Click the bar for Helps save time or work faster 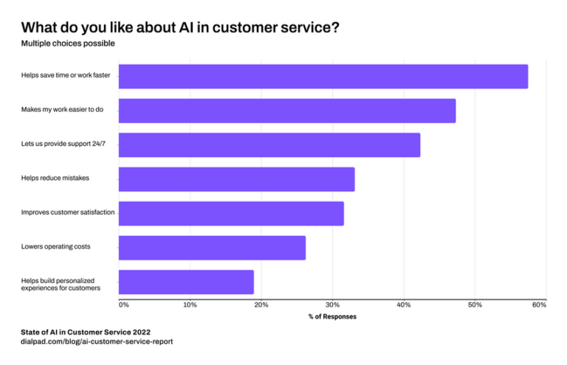coord(323,77)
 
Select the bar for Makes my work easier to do coord(286,111)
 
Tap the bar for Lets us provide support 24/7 coord(269,145)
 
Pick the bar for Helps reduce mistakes coord(236,179)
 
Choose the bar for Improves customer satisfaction coord(230,213)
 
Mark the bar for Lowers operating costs coord(212,248)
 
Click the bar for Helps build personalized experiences coord(186,282)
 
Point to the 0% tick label coord(124,305)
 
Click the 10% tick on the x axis coord(190,305)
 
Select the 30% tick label coord(332,305)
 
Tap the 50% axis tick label coord(475,305)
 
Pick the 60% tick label coord(539,305)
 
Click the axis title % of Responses coord(332,316)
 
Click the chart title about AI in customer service coord(180,27)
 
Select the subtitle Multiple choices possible coord(68,44)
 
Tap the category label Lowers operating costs coord(56,246)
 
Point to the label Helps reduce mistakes coord(55,178)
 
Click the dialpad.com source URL coord(97,342)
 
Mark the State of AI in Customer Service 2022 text coord(86,332)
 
